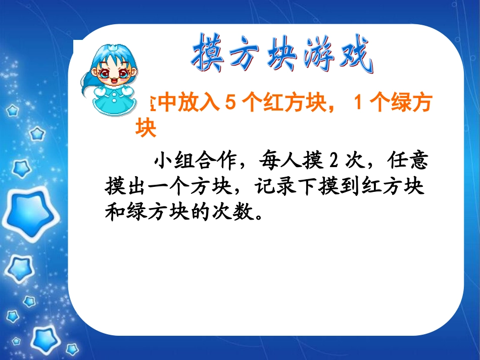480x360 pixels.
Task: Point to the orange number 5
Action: [x=230, y=104]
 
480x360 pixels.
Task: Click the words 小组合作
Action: [x=192, y=161]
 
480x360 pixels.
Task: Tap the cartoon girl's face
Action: [x=112, y=75]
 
